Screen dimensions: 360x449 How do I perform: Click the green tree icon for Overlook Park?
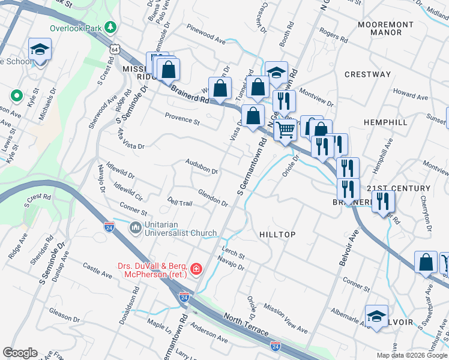(110, 27)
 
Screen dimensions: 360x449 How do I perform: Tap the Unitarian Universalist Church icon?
(135, 228)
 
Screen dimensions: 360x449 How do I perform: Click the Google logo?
(20, 353)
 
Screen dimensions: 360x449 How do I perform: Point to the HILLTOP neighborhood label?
(277, 234)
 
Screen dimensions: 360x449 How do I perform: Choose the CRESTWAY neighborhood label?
(367, 74)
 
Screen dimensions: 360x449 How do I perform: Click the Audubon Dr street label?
(201, 170)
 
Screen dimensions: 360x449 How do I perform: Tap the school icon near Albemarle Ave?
(376, 317)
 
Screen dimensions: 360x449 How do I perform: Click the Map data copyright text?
(411, 355)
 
